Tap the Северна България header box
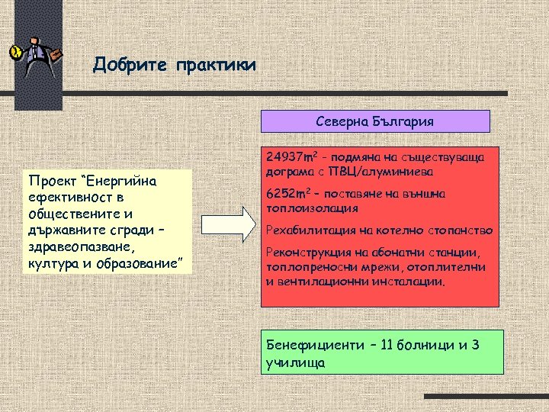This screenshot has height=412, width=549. click(x=375, y=121)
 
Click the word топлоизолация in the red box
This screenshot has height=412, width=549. click(x=313, y=208)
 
